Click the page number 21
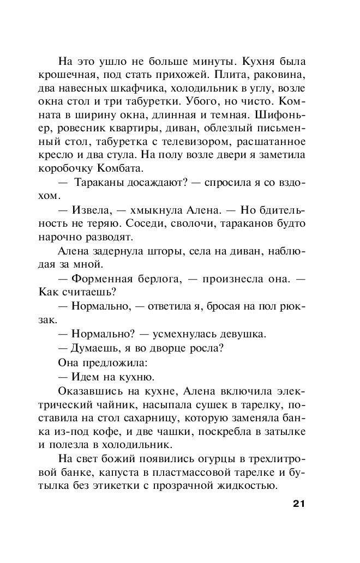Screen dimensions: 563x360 pos(295,503)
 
